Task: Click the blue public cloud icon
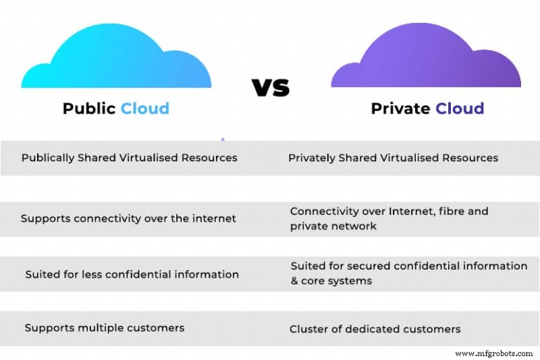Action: [x=116, y=57]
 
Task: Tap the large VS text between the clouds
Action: [x=270, y=87]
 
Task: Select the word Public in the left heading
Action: [x=88, y=109]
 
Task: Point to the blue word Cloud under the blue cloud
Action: [x=144, y=109]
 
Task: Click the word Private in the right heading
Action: [x=400, y=109]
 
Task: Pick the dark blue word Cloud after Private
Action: [x=460, y=109]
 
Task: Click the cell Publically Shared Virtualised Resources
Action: [x=129, y=158]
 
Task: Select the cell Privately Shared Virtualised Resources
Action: [x=393, y=158]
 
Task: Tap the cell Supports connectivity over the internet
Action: [x=128, y=219]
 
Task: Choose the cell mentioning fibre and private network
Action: [x=389, y=219]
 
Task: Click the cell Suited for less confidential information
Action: [x=132, y=275]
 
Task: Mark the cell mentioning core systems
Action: [x=408, y=274]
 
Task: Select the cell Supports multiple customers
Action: [x=104, y=328]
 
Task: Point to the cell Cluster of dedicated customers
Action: [x=375, y=330]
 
